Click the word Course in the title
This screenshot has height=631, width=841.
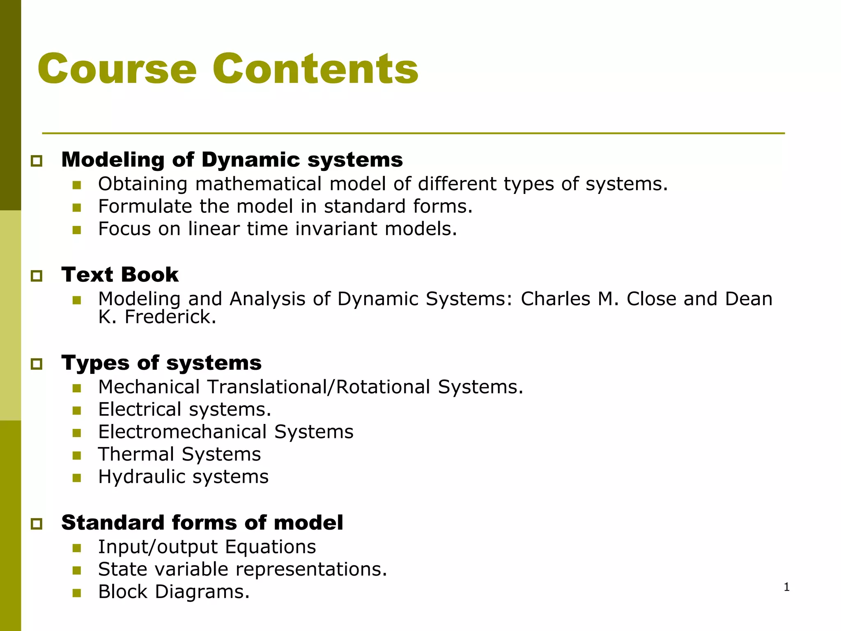[117, 69]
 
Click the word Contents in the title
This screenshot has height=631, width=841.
[315, 69]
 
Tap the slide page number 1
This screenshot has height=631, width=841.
[786, 587]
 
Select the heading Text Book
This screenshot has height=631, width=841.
[120, 274]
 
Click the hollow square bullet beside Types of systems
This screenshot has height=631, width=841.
[37, 364]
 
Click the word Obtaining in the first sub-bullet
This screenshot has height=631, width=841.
[142, 184]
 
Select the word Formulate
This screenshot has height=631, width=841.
[145, 206]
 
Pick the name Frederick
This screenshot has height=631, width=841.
[170, 317]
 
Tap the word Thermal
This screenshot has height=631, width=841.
[136, 454]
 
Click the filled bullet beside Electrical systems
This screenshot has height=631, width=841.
[77, 410]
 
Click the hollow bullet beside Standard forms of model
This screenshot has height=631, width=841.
[37, 524]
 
